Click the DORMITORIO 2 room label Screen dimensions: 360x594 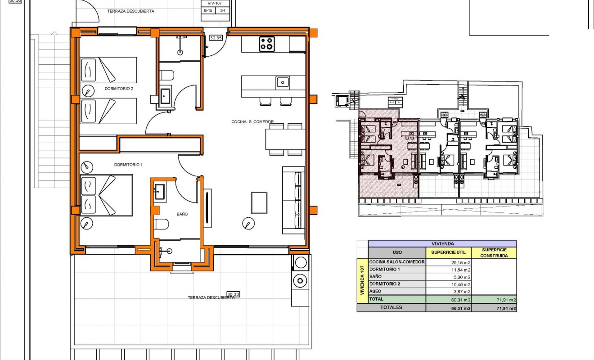pyautogui.click(x=119, y=89)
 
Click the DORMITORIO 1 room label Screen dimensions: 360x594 pyautogui.click(x=128, y=165)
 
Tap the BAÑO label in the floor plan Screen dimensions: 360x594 pyautogui.click(x=182, y=214)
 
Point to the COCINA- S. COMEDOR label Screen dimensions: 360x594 pyautogui.click(x=252, y=121)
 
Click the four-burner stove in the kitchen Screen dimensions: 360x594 pyautogui.click(x=267, y=44)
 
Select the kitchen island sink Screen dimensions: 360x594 pyautogui.click(x=283, y=82)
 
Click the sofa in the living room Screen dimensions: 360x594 pyautogui.click(x=293, y=200)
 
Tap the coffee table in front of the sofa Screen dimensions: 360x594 pyautogui.click(x=259, y=202)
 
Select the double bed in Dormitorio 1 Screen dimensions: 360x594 pyautogui.click(x=106, y=195)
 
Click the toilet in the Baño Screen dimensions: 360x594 pyautogui.click(x=162, y=224)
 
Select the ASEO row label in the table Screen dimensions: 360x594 pyautogui.click(x=375, y=291)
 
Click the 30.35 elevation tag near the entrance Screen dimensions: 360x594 pyautogui.click(x=216, y=38)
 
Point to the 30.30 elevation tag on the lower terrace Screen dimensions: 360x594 pyautogui.click(x=233, y=294)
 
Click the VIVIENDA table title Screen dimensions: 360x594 pyautogui.click(x=442, y=243)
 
